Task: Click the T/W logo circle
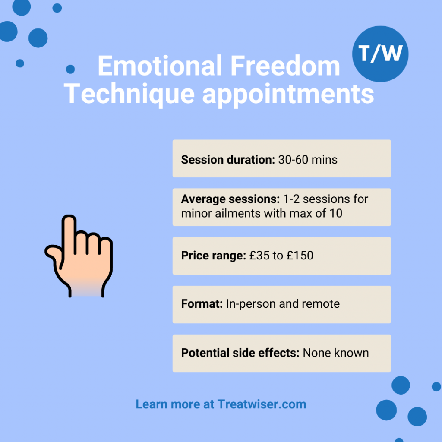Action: (x=380, y=54)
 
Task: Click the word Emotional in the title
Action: (x=158, y=66)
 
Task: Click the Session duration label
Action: (x=228, y=160)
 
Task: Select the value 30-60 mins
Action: (x=308, y=160)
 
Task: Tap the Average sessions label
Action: (x=230, y=199)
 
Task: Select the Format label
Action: (x=202, y=304)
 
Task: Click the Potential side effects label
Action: (x=240, y=353)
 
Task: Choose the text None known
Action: (x=336, y=353)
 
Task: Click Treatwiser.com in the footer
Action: (x=262, y=404)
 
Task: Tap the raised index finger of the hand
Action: (x=69, y=233)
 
